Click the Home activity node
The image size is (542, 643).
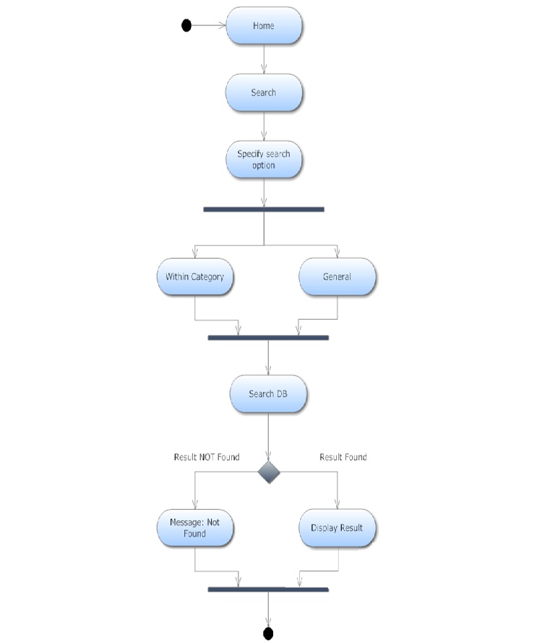pyautogui.click(x=264, y=26)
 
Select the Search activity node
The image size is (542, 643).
pyautogui.click(x=264, y=93)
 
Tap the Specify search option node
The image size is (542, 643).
pyautogui.click(x=264, y=160)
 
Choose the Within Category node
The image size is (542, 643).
pyautogui.click(x=195, y=277)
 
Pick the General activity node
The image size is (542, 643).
pyautogui.click(x=337, y=277)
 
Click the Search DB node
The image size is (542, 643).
pyautogui.click(x=268, y=394)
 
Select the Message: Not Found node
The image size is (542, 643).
pyautogui.click(x=195, y=528)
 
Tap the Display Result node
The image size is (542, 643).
pyautogui.click(x=337, y=528)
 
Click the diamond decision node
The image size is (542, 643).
pyautogui.click(x=269, y=472)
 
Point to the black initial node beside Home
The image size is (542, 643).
pyautogui.click(x=186, y=26)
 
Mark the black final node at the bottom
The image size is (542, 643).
pyautogui.click(x=268, y=634)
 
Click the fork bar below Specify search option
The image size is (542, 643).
pyautogui.click(x=264, y=209)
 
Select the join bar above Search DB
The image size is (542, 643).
pyautogui.click(x=268, y=338)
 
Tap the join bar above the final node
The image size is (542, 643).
pyautogui.click(x=268, y=589)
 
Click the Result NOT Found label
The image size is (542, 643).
pyautogui.click(x=207, y=457)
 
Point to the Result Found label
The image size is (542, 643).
pyautogui.click(x=343, y=457)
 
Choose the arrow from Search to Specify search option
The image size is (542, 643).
pyautogui.click(x=264, y=127)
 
